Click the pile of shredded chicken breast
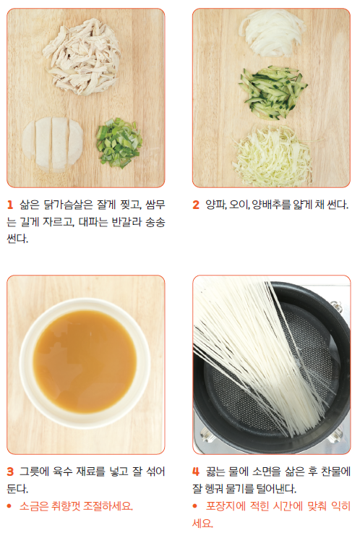pyautogui.click(x=82, y=57)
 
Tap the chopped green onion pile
pyautogui.click(x=119, y=142)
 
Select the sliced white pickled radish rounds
pyautogui.click(x=53, y=144)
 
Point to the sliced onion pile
pyautogui.click(x=272, y=33)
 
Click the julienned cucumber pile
pyautogui.click(x=273, y=93)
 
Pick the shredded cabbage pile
pyautogui.click(x=272, y=155)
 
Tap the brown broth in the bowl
pyautogui.click(x=85, y=361)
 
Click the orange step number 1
pyautogui.click(x=10, y=205)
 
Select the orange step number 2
pyautogui.click(x=196, y=205)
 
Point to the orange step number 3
pyautogui.click(x=10, y=472)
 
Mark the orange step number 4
pyautogui.click(x=196, y=472)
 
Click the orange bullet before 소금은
pyautogui.click(x=9, y=506)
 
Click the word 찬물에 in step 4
pyautogui.click(x=336, y=472)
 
